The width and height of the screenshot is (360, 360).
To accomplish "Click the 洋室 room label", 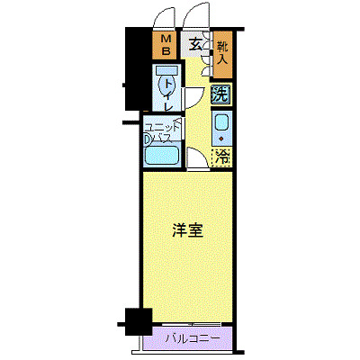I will pos(187,229).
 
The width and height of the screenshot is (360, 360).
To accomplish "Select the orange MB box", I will pos(166,45).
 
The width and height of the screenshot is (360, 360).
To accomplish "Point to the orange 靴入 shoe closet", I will pos(221,56).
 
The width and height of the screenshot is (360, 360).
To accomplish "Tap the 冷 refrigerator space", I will pos(221,157).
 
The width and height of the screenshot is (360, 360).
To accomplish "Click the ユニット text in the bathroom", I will pos(163,127).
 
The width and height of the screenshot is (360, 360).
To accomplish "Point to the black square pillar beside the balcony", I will pos(136,319).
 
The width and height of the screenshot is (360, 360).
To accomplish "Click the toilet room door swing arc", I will pos(193,99).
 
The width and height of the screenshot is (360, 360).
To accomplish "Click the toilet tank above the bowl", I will pos(166,70).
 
